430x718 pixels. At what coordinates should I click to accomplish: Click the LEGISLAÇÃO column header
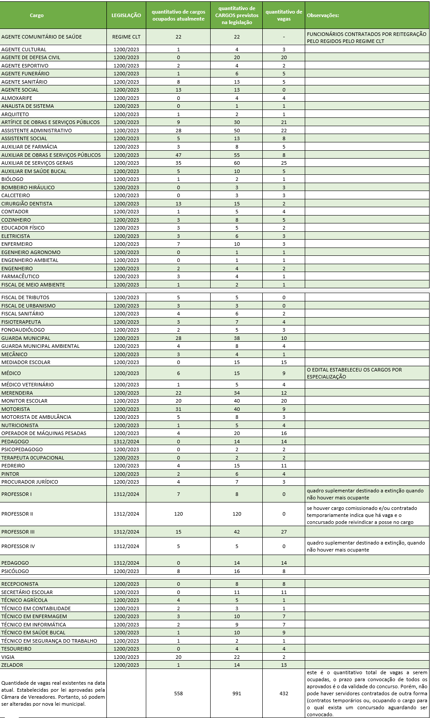tap(126, 15)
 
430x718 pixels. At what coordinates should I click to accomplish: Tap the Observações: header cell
tap(323, 15)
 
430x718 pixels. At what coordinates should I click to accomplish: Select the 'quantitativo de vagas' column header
tap(284, 15)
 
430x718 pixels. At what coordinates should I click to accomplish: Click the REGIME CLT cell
tap(126, 37)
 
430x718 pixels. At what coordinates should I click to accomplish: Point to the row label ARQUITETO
tap(15, 114)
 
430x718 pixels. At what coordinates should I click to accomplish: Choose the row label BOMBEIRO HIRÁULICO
tap(28, 187)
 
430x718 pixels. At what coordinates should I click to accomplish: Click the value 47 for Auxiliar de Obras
tap(178, 155)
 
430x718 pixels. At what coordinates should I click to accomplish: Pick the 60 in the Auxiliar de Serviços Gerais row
tap(237, 163)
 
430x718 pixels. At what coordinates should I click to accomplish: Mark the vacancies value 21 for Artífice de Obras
tap(284, 122)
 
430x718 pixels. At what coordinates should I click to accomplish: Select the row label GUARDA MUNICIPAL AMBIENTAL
tap(40, 346)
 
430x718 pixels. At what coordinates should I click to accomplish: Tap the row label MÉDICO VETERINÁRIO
tap(28, 385)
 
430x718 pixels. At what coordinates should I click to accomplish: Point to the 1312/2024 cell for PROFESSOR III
tap(126, 532)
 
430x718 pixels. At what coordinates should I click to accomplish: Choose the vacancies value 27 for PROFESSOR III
tap(284, 532)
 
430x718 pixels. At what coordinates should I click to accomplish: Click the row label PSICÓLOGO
tap(15, 571)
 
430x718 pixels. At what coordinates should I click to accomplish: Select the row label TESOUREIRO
tap(16, 649)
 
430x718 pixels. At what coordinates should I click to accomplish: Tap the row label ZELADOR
tap(12, 665)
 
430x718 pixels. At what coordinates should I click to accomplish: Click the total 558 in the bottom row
tap(178, 693)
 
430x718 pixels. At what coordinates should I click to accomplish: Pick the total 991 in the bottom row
tap(237, 693)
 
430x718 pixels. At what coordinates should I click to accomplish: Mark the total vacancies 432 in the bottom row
tap(284, 693)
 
